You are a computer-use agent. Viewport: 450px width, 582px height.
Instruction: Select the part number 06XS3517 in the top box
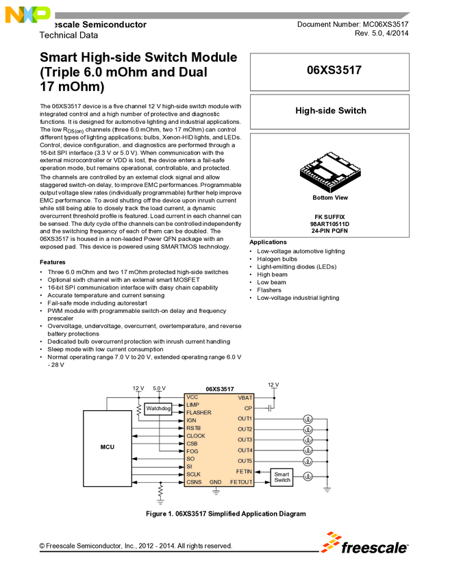330,71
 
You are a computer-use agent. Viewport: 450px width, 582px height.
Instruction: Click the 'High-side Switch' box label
330,110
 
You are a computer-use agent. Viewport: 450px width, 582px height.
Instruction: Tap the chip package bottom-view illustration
329,172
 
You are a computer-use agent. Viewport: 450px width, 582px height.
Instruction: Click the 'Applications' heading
268,242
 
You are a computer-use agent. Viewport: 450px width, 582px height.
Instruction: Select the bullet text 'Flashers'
269,290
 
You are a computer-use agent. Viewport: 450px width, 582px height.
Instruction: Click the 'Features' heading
53,262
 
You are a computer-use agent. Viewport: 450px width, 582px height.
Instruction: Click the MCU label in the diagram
107,447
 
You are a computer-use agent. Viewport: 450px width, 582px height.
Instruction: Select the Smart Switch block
282,477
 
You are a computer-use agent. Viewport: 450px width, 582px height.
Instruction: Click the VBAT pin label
245,398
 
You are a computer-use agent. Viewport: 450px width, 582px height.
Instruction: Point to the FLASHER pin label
199,413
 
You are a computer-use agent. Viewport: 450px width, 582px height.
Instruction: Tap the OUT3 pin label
245,440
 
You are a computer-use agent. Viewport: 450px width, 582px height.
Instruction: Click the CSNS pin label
195,482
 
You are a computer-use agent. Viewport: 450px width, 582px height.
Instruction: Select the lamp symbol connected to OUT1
308,419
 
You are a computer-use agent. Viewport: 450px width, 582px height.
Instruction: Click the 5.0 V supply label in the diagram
160,388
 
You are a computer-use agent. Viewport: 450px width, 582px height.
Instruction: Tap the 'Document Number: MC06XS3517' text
353,24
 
